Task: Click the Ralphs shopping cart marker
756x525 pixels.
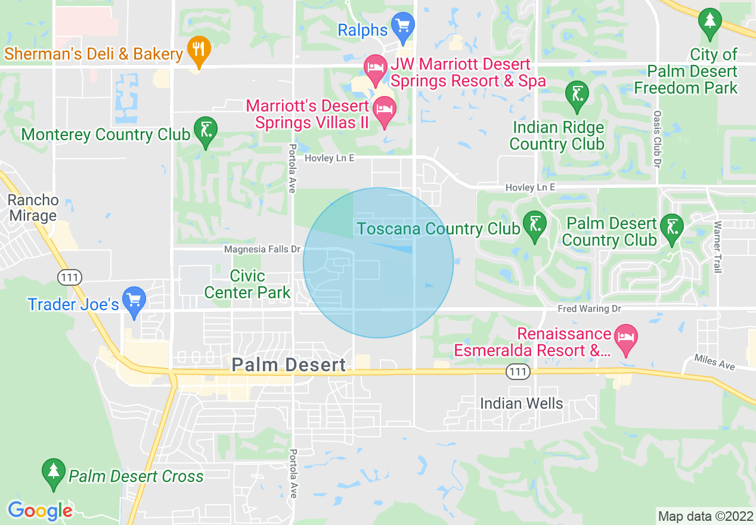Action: [404, 27]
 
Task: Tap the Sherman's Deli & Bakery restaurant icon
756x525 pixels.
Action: [199, 51]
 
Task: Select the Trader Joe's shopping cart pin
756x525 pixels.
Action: [134, 301]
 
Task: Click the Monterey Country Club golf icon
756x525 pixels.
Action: [206, 131]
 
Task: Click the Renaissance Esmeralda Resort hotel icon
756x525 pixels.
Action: [625, 338]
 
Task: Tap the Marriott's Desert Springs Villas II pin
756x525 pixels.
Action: [385, 110]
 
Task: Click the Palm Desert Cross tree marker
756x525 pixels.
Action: [54, 472]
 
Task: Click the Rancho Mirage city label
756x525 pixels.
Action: [33, 208]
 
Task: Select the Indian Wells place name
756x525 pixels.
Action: [521, 404]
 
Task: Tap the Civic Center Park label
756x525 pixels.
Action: [247, 284]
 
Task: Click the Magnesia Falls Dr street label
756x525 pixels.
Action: [262, 249]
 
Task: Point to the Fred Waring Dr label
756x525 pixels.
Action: [589, 308]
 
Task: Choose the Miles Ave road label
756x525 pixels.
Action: [714, 362]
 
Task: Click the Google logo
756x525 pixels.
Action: [40, 511]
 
